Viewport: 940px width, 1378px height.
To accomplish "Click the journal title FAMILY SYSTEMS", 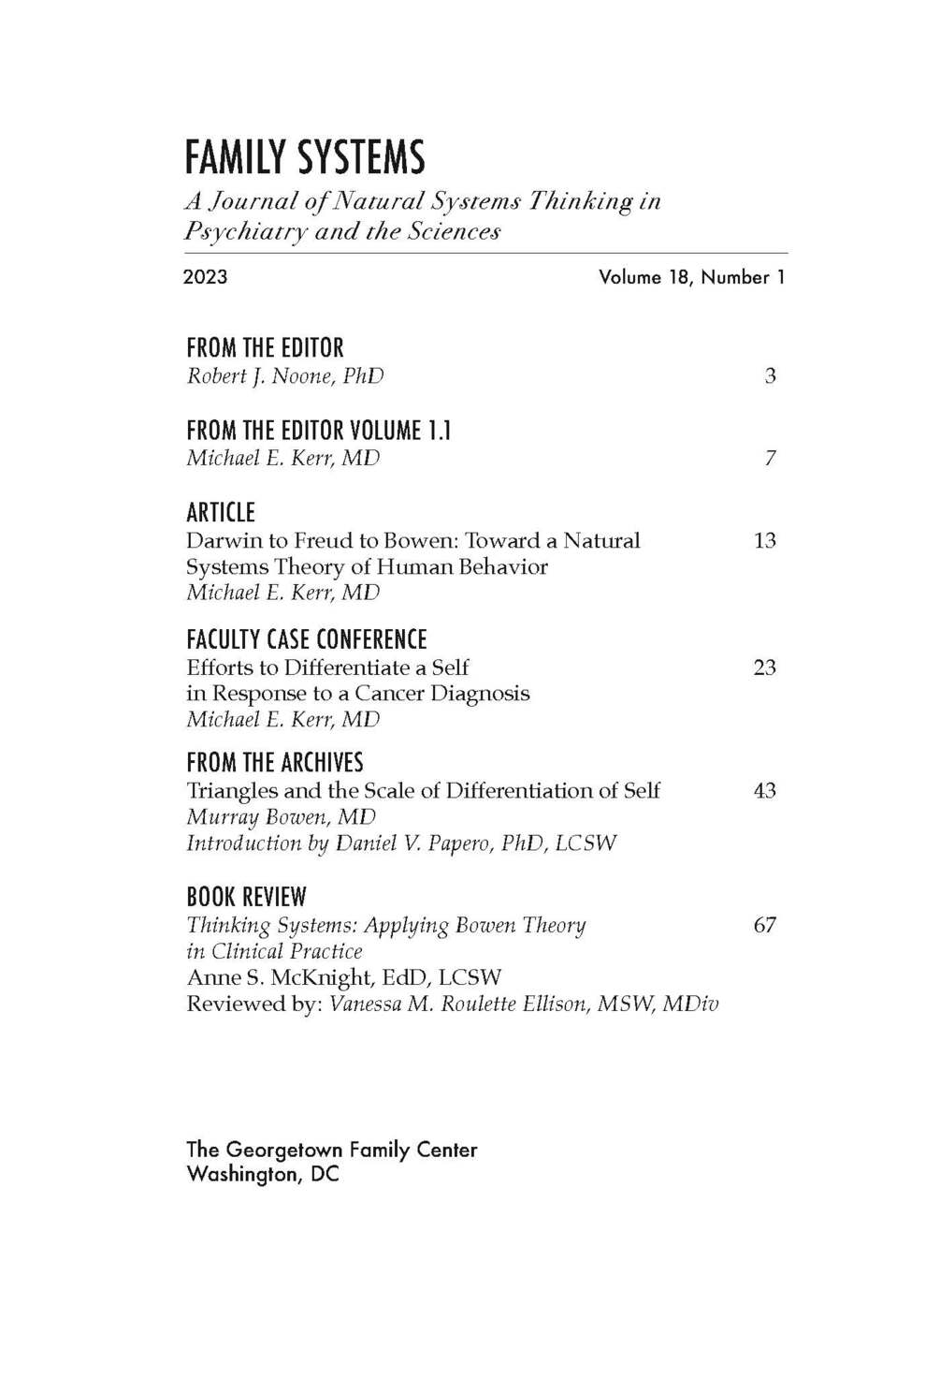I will pos(305,157).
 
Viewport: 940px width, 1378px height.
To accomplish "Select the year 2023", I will pos(205,277).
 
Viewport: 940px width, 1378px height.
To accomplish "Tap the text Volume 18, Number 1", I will pos(691,277).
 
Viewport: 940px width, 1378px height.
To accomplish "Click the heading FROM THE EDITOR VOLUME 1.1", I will pos(318,431).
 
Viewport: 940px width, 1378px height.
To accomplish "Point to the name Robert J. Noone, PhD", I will pos(284,376).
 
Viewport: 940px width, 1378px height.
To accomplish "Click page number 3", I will pos(770,376).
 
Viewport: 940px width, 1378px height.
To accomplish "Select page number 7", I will pos(770,459).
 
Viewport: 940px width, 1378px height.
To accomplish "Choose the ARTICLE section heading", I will pos(221,513).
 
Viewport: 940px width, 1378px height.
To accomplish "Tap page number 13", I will pos(764,541).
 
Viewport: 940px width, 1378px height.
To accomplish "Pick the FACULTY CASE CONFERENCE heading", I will pos(306,640).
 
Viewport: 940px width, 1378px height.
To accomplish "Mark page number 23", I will pos(764,667).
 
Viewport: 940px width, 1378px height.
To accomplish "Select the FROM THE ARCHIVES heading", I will pos(275,763).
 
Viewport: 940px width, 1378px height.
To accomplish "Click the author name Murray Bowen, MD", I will pos(281,817).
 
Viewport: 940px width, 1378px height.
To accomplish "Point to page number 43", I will pos(764,791).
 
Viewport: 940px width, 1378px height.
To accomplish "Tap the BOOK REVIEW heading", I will pos(246,897).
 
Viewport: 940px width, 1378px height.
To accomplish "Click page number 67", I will pos(764,925).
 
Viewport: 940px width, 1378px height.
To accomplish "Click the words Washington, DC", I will pos(263,1174).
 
